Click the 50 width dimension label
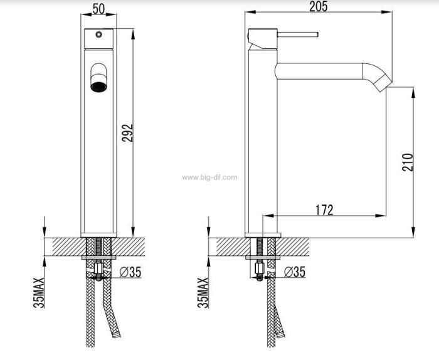coord(98,9)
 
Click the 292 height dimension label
coord(127,133)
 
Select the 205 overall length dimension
coord(319,6)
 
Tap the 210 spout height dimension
coord(408,162)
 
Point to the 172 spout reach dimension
coord(324,210)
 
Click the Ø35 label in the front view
coord(130,272)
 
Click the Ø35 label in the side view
coord(295,272)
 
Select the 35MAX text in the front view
coord(39,293)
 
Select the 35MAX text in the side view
coord(203,293)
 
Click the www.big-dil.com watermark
coord(209,177)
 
